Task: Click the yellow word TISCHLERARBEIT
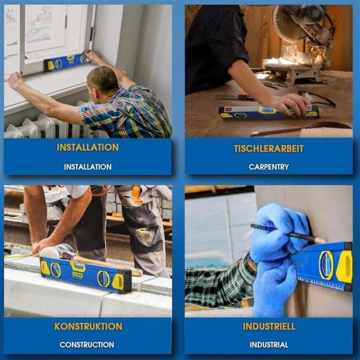pos(269,148)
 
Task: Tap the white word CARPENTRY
pos(269,167)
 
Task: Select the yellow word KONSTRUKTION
pos(88,326)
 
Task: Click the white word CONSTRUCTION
pos(87,345)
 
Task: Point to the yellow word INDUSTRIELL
pos(269,326)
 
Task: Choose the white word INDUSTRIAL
pos(269,345)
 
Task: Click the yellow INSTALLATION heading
pos(88,147)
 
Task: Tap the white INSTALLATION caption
pos(88,167)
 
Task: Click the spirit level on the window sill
pos(67,63)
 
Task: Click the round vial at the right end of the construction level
pos(103,279)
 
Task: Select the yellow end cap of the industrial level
pos(345,266)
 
